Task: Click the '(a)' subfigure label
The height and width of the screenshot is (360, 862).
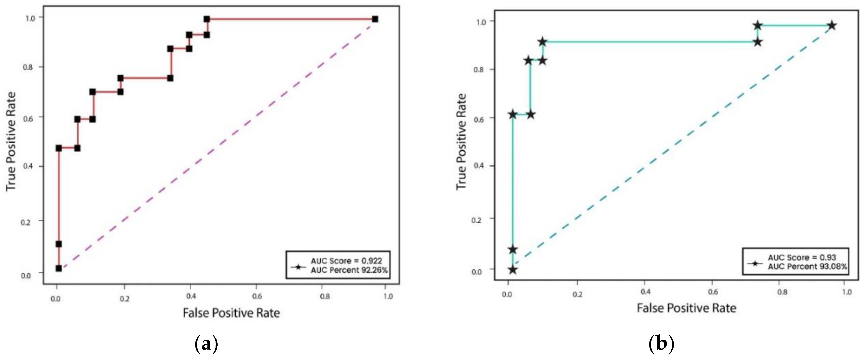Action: (206, 345)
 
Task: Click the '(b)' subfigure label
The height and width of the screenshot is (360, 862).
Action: (661, 345)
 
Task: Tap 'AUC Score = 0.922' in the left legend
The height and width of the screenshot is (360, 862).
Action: (346, 261)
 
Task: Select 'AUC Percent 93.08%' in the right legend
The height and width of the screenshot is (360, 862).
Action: (807, 267)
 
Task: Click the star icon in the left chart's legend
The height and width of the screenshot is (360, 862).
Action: (298, 267)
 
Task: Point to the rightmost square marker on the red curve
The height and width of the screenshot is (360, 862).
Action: (375, 19)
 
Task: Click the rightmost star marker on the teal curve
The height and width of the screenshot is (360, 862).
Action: (832, 25)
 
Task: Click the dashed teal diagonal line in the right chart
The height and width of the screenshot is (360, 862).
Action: (669, 147)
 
